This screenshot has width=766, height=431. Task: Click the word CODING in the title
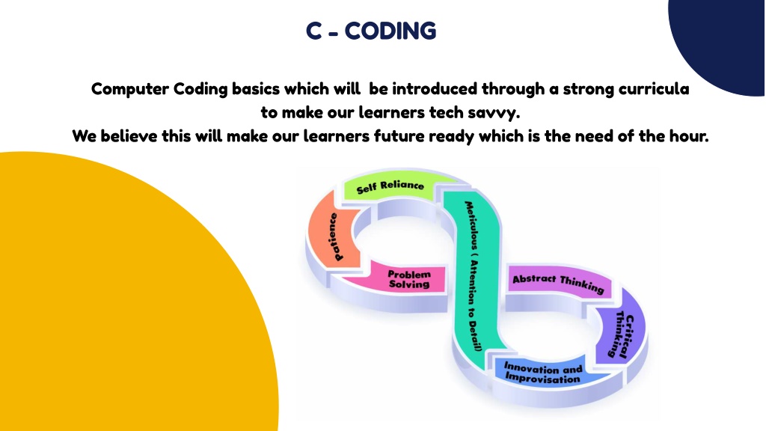tap(390, 31)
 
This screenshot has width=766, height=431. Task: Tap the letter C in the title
tap(313, 31)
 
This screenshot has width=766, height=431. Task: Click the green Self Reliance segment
tap(390, 186)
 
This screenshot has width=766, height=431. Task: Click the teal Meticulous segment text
tap(472, 276)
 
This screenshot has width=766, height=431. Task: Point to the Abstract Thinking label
tap(557, 282)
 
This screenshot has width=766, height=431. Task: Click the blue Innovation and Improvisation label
tap(543, 373)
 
